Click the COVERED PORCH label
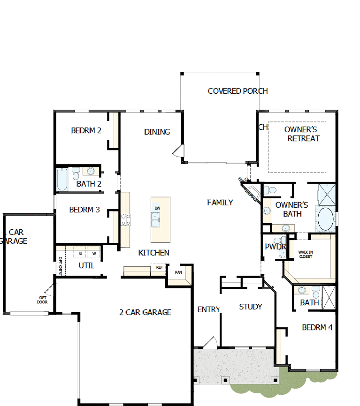[237, 91]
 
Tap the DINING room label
[157, 132]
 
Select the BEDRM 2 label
[86, 130]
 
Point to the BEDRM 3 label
[84, 210]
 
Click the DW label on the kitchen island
[157, 208]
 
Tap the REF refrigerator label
[159, 267]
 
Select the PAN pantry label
[178, 272]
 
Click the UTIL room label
[87, 265]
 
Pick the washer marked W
[94, 254]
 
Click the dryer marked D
[81, 254]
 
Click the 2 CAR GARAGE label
[145, 312]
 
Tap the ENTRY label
[208, 309]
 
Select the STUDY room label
[251, 307]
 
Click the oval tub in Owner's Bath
[325, 218]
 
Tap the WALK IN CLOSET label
[306, 254]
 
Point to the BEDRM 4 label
[317, 327]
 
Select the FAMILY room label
[220, 203]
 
